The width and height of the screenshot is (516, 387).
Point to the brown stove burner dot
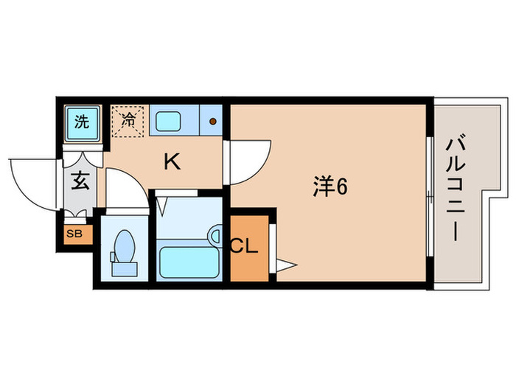213,122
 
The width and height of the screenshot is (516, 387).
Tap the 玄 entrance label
80,181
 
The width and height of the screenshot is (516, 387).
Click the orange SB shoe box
75,234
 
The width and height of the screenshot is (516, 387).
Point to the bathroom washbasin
215,235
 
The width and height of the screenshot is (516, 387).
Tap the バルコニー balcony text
455,188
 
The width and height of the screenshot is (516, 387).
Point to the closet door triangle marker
285,263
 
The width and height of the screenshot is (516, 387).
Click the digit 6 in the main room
341,186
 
